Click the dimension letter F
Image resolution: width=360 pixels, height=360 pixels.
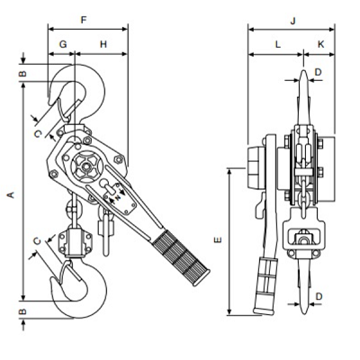coord(84,20)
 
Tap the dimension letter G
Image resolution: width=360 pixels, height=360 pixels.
coord(63,44)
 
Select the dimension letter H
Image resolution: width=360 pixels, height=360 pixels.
coord(103,44)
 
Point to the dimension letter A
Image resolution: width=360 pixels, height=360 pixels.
coord(11,194)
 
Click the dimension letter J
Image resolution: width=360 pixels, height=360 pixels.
coord(293,21)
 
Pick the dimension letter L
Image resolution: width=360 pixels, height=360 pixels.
coord(278,45)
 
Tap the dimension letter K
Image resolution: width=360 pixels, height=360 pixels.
coord(320,44)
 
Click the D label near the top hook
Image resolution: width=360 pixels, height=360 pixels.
coord(318,72)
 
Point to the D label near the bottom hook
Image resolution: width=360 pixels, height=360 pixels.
coord(319,296)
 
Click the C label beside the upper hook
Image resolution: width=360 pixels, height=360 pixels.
coord(38,134)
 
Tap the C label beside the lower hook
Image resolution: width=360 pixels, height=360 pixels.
coord(37,241)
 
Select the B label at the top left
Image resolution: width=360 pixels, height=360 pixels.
coord(22,74)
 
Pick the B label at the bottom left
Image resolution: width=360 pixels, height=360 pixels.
coord(22,311)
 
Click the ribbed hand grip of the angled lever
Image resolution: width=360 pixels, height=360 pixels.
coord(181,257)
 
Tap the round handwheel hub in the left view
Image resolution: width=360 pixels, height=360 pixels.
coord(86,166)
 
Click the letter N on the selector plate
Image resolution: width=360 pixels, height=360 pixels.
coord(118,197)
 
